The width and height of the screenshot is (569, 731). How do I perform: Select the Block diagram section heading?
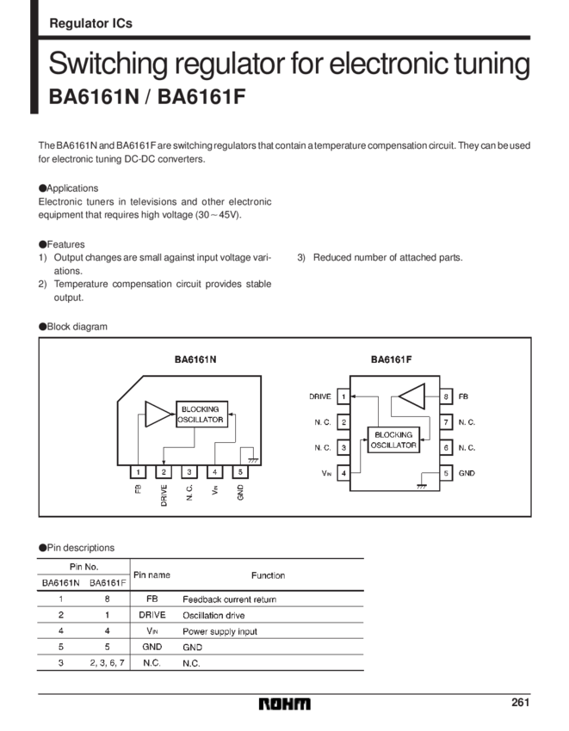tap(72, 327)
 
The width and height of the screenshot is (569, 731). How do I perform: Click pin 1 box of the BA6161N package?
tap(138, 471)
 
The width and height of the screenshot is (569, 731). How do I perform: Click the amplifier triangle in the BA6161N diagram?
tap(157, 414)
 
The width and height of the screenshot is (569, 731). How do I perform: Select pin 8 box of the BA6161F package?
tap(447, 397)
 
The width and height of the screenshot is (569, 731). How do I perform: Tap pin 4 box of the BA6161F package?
tap(343, 472)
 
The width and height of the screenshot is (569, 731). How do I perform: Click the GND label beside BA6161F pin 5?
tap(467, 472)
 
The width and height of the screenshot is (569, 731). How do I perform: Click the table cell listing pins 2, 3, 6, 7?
tap(108, 663)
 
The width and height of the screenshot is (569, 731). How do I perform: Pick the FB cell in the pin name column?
tap(152, 599)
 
